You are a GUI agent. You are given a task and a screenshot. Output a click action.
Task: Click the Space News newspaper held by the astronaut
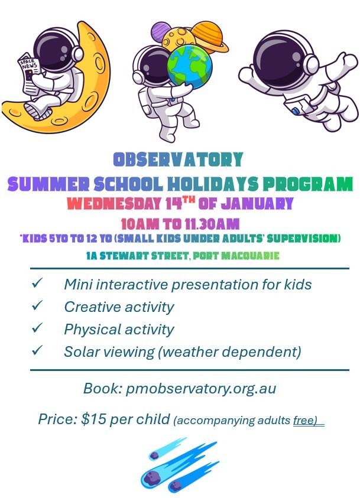coord(28,74)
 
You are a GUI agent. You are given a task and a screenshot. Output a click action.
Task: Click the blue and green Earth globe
coord(190,66)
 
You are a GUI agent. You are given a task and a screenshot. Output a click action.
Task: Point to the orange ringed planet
coord(210,37)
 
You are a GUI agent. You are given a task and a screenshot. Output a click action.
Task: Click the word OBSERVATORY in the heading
coord(179,160)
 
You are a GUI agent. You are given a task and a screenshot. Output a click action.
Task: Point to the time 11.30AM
coord(212,224)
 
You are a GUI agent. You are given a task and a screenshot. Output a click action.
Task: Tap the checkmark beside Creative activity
coord(37,305)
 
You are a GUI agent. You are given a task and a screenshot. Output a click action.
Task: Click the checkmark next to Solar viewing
coord(37,350)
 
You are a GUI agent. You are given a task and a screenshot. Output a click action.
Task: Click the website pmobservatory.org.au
coord(201,389)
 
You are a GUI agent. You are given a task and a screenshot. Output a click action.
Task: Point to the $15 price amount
coord(93,419)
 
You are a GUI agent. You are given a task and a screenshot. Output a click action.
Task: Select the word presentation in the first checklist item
coord(215,284)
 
